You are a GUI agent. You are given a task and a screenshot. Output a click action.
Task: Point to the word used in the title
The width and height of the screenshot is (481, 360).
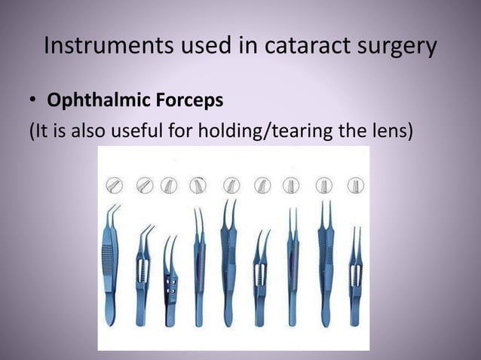(197, 46)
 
